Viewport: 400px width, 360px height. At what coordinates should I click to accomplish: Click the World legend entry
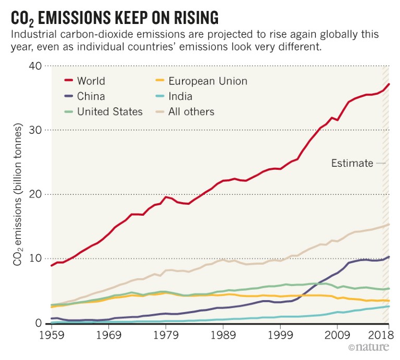tap(91, 81)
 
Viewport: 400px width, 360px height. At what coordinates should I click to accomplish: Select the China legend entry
tap(91, 96)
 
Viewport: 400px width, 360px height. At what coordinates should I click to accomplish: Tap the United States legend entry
tap(110, 111)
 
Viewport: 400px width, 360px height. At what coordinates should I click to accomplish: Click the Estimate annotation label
tap(352, 164)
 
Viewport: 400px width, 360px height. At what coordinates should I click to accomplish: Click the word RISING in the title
tap(188, 19)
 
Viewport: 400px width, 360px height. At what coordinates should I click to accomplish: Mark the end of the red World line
tap(389, 84)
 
